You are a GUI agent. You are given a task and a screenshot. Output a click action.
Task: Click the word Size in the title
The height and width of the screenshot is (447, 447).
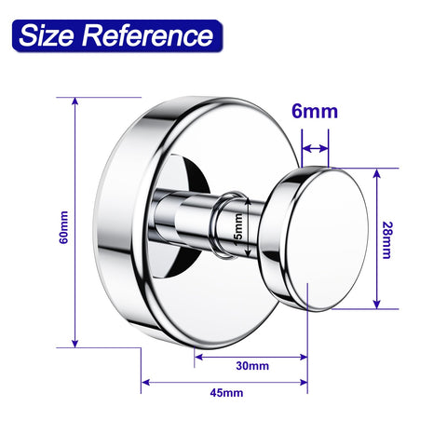pyautogui.click(x=47, y=35)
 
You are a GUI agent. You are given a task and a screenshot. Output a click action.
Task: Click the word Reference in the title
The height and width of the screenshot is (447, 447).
pyautogui.click(x=148, y=35)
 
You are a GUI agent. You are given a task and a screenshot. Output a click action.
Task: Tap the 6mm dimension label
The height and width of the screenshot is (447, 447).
pyautogui.click(x=315, y=111)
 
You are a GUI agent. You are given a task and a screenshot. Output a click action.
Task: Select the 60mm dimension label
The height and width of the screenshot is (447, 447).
pyautogui.click(x=63, y=227)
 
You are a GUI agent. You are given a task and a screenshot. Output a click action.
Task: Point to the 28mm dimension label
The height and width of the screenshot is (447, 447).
pyautogui.click(x=386, y=240)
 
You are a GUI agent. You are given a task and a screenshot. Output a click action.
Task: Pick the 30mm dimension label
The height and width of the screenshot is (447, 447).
pyautogui.click(x=252, y=366)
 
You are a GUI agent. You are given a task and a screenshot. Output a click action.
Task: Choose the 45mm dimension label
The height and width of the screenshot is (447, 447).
pyautogui.click(x=226, y=393)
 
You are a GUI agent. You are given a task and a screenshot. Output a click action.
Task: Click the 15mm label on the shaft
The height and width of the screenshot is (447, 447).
pyautogui.click(x=239, y=230)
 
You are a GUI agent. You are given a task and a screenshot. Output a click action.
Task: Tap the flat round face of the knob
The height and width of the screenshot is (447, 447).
pyautogui.click(x=327, y=240)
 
